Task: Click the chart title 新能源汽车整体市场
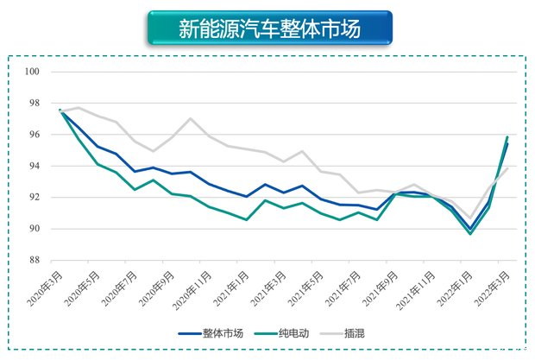click(269, 28)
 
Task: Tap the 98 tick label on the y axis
click(35, 103)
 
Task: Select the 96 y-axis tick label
click(35, 135)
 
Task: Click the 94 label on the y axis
click(35, 166)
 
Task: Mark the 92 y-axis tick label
click(35, 197)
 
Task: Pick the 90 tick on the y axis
click(35, 229)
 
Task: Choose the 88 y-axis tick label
click(35, 260)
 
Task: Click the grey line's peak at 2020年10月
click(190, 118)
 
